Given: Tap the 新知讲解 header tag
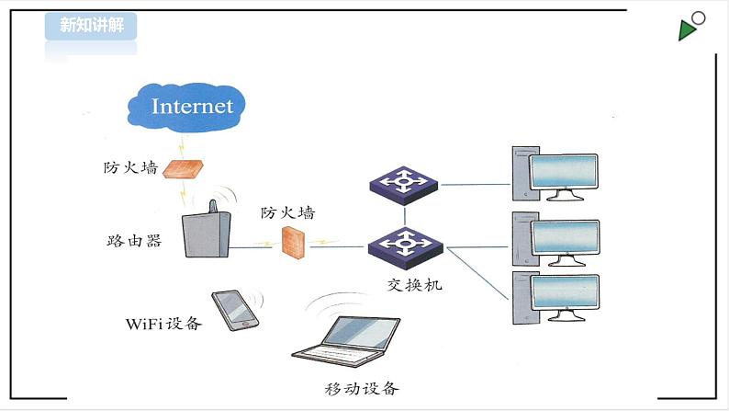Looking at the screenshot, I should click(91, 26).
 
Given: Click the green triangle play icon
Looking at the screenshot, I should click(688, 31).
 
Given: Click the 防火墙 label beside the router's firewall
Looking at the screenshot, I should click(130, 168).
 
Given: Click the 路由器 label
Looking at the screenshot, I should click(134, 241).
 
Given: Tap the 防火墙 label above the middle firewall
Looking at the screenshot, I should click(286, 212).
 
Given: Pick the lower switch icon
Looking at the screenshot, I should click(405, 245).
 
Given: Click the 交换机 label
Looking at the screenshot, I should click(414, 284).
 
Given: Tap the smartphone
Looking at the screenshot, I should click(235, 310).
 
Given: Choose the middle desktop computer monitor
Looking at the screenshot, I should click(565, 237).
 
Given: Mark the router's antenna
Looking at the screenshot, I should click(210, 207).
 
